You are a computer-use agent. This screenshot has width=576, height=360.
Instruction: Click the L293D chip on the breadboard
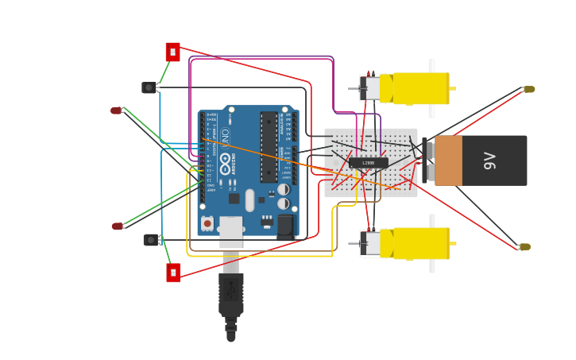(x=368, y=163)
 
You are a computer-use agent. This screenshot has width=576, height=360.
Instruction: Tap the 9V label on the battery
(x=490, y=161)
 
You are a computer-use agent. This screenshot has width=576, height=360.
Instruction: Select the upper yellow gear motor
(x=419, y=88)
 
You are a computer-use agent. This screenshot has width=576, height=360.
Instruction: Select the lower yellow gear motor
(x=419, y=243)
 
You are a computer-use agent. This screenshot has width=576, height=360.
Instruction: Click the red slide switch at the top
(x=172, y=52)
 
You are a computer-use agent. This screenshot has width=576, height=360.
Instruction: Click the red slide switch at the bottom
(x=173, y=273)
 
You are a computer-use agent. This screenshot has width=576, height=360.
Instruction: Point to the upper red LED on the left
(x=116, y=110)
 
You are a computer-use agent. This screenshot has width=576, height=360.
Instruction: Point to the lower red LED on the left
(x=118, y=226)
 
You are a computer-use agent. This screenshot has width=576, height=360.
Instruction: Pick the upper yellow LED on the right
(x=529, y=89)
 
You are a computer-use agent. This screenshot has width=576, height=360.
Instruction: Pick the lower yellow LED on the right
(x=524, y=247)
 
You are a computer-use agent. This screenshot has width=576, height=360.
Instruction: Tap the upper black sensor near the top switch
(x=149, y=87)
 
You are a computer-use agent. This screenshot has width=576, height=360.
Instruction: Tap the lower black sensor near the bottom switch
(x=150, y=239)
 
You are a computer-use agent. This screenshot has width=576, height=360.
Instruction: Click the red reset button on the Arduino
(x=207, y=223)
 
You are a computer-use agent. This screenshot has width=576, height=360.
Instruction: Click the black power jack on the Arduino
(x=285, y=227)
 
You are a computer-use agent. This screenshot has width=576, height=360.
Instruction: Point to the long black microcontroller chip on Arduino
(x=269, y=147)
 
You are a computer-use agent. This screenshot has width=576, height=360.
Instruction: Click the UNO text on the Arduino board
(x=225, y=137)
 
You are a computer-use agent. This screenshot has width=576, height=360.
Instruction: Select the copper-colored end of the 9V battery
(x=448, y=161)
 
